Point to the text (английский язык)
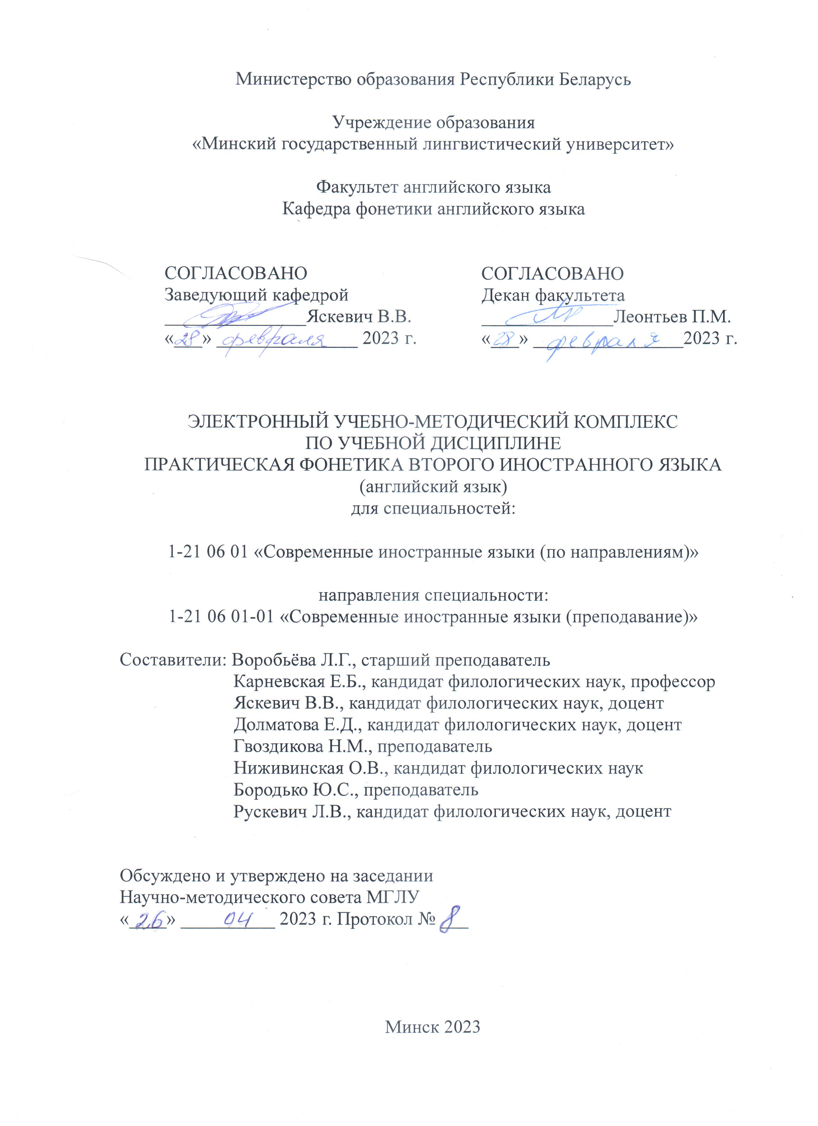[433, 487]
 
